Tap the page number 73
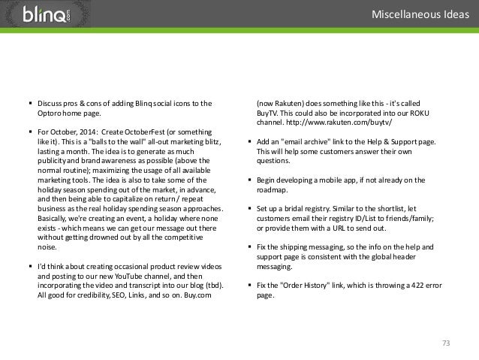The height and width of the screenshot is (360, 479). [445, 343]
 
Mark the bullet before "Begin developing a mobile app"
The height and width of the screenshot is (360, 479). [250, 180]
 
